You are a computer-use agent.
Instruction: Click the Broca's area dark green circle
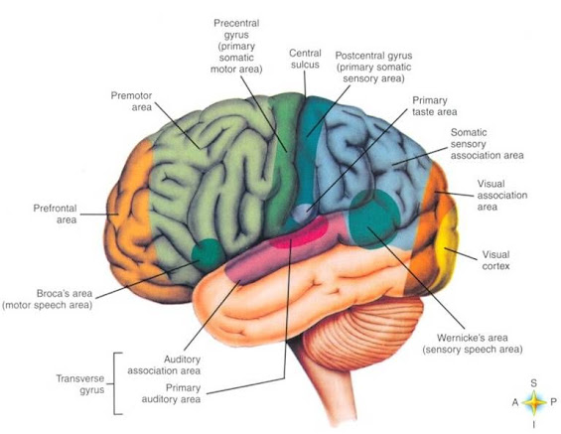[209, 254]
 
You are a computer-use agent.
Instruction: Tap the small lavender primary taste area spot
[304, 213]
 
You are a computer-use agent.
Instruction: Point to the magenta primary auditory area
[300, 232]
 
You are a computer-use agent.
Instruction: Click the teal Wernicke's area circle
[374, 218]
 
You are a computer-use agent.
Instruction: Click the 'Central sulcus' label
[305, 59]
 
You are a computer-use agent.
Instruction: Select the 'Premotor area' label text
[131, 101]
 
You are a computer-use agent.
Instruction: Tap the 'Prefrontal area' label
[55, 214]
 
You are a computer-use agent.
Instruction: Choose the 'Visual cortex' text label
[495, 260]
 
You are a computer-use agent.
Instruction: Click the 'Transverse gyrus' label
[80, 384]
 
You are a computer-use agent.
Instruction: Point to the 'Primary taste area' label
[434, 106]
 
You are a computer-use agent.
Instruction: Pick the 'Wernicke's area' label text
[473, 338]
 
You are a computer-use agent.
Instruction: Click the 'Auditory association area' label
[164, 364]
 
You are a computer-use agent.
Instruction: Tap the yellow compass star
[534, 402]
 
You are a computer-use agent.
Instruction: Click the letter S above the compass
[534, 383]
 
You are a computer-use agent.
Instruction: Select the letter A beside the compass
[515, 402]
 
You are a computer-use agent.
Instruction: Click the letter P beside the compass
[553, 402]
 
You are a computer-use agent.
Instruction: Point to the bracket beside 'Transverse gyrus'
[114, 383]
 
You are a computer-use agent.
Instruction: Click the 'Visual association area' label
[502, 196]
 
